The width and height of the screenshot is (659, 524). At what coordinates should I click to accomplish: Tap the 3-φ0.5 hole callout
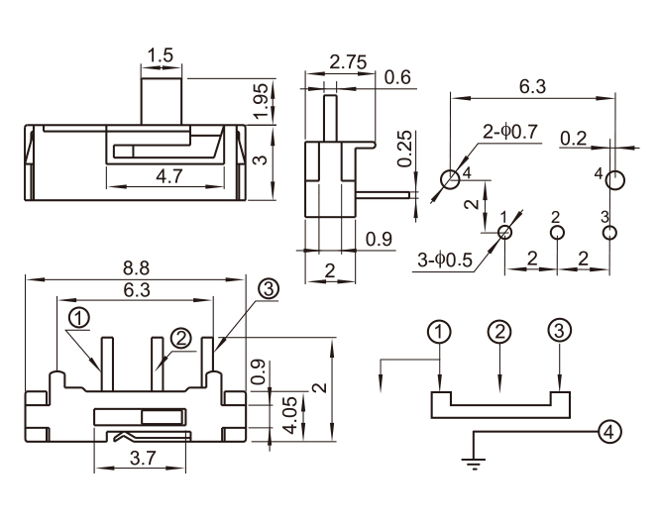coord(438,262)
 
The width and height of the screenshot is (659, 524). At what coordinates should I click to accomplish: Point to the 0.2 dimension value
coord(573,138)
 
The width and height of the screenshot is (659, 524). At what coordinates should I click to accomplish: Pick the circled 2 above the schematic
coord(500,331)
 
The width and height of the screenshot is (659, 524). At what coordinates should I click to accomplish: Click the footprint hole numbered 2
coord(557,233)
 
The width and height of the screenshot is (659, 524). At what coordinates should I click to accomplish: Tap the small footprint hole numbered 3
coord(609,233)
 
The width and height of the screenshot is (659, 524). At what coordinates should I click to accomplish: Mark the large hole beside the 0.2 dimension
coord(614,179)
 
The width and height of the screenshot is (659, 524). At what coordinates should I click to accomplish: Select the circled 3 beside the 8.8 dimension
coord(268,288)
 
